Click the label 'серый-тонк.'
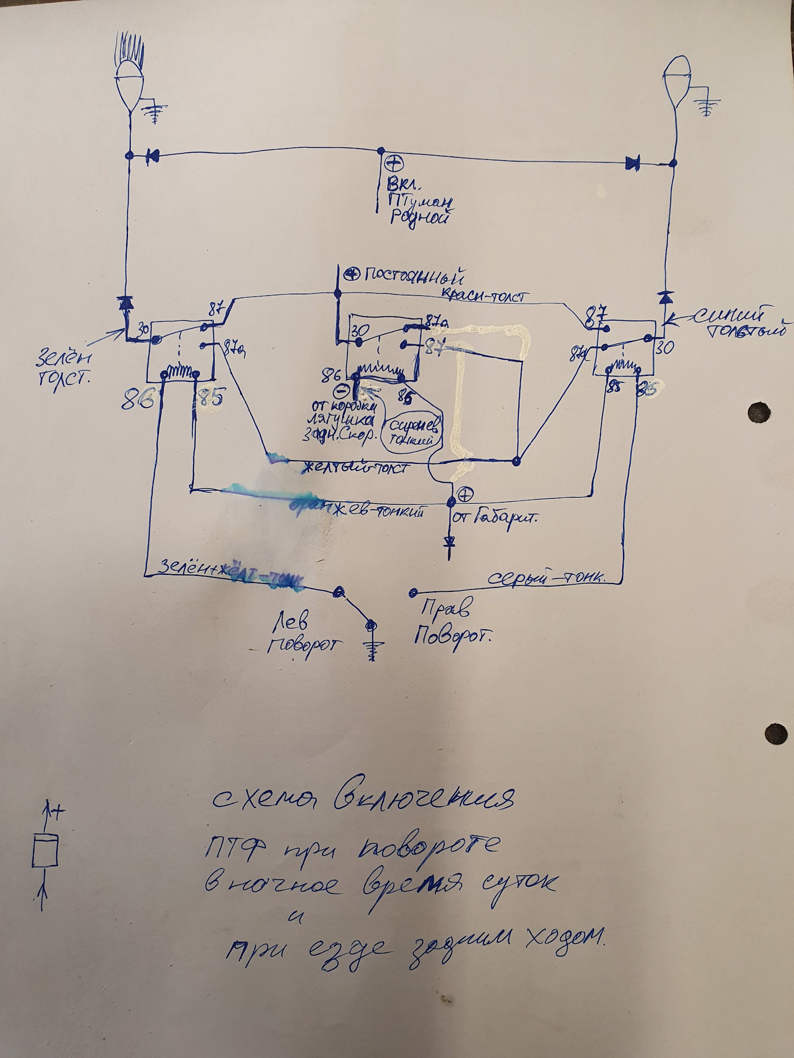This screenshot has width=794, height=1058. (x=548, y=579)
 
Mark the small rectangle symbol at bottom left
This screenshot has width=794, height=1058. (x=45, y=851)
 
